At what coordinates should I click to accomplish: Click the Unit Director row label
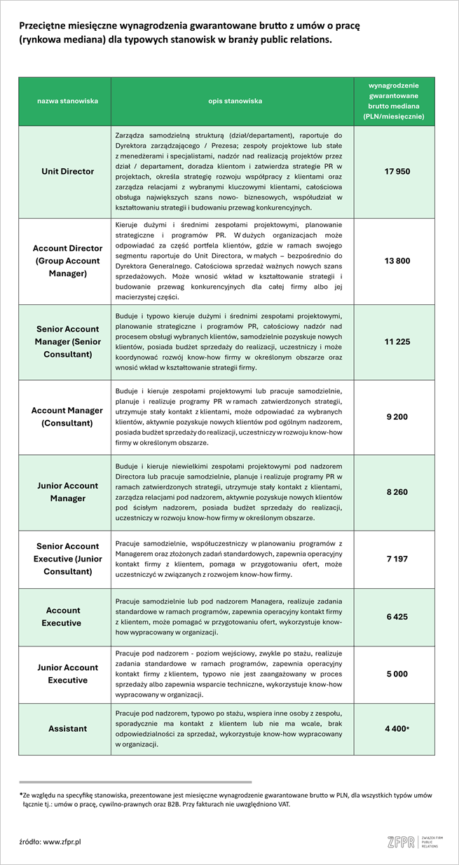click(x=68, y=171)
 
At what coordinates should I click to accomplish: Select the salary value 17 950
click(x=397, y=171)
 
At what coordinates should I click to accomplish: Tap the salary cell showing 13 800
click(x=397, y=261)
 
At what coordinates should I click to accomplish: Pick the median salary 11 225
click(x=397, y=341)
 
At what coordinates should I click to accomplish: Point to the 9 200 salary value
click(x=397, y=416)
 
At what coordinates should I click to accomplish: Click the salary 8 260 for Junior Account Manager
click(x=397, y=492)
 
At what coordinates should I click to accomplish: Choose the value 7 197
click(x=397, y=559)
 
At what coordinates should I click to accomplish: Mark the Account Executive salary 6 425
click(x=397, y=616)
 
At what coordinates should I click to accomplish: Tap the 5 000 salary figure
click(x=397, y=674)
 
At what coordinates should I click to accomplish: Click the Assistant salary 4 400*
click(x=397, y=729)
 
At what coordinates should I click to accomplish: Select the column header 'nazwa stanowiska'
click(x=68, y=101)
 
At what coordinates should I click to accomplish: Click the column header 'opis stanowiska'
click(x=235, y=101)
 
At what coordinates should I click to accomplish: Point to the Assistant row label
click(x=68, y=729)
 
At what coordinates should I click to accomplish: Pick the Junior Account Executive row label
click(x=68, y=674)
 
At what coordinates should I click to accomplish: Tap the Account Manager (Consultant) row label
click(x=68, y=416)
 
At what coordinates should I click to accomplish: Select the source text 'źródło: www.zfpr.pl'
click(x=50, y=840)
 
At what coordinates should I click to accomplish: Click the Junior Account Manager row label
click(x=68, y=492)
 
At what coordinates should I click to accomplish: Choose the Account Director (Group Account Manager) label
click(x=68, y=261)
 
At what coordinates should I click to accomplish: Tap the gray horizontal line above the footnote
click(x=135, y=782)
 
